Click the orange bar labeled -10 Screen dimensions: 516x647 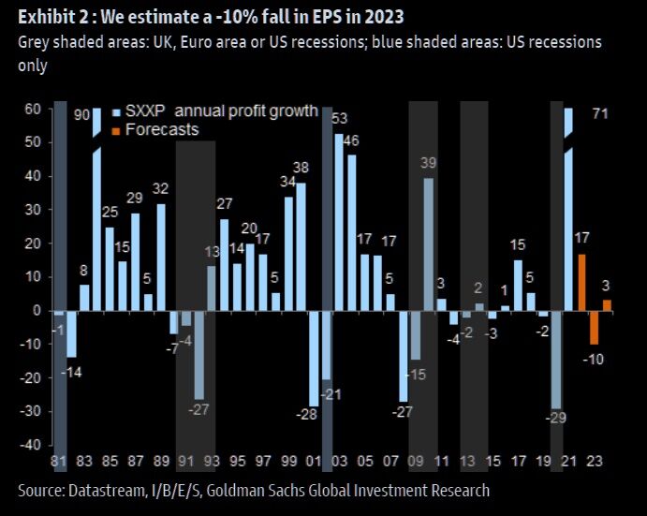pos(594,327)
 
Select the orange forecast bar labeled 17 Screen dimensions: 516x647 pos(581,282)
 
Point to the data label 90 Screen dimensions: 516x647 pos(81,115)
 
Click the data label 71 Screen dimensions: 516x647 pos(603,114)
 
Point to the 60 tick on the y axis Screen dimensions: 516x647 pos(33,110)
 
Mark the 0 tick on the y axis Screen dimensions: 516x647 pos(37,311)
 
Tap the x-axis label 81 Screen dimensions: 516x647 pos(58,463)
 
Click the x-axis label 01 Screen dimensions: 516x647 pos(314,463)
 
